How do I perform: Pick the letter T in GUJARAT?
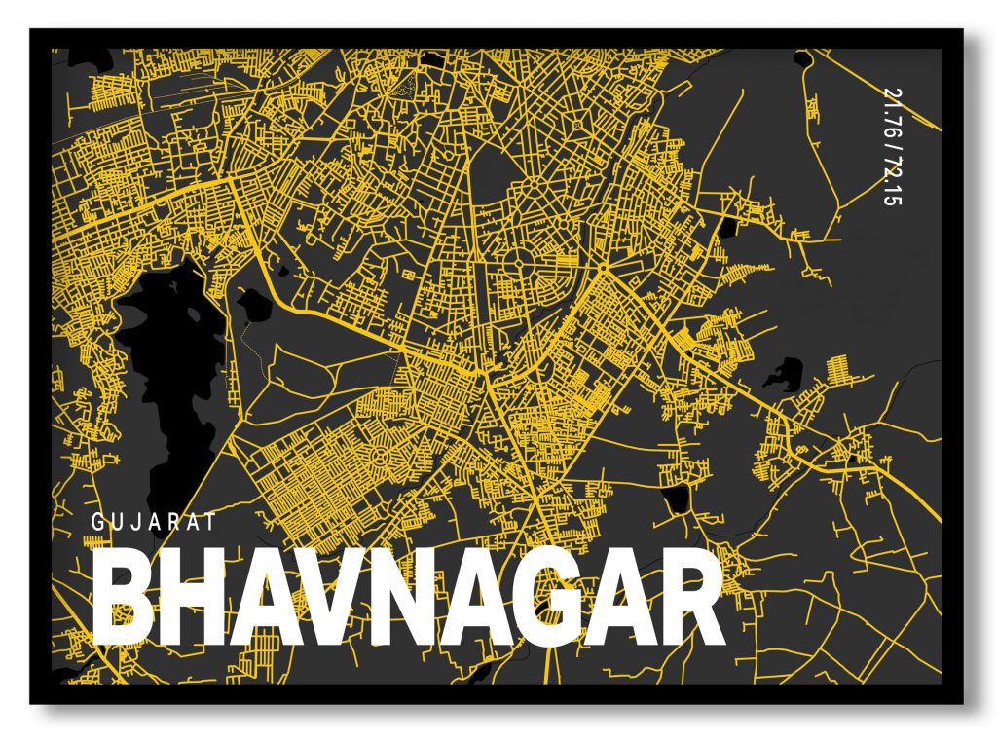coord(209,523)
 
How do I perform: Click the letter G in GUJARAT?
coord(96,523)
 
